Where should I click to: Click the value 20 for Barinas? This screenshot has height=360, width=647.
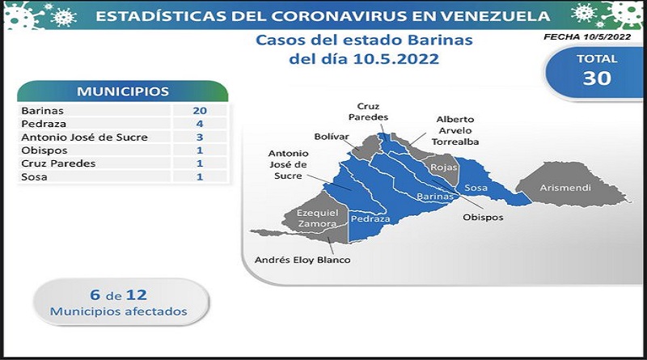200,111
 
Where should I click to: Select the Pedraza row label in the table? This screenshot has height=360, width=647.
44,124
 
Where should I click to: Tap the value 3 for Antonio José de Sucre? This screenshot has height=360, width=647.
200,137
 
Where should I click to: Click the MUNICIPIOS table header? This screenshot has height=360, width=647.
123,91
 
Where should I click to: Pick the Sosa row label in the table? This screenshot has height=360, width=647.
34,176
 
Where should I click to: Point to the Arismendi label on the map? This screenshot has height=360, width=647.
565,188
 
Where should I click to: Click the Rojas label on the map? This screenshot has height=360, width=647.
443,167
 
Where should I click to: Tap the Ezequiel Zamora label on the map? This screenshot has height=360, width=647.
317,218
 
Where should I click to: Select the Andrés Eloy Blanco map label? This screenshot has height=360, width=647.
302,260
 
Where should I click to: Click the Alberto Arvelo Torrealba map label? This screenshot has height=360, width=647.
455,130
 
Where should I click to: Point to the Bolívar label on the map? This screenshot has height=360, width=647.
332,137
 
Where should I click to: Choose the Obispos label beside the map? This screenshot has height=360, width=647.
483,217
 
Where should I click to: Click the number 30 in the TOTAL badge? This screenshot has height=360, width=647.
597,78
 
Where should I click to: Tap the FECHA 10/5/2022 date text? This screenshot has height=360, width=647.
587,36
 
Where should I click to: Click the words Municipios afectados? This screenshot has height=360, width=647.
118,311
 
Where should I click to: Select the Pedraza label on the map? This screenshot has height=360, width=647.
370,218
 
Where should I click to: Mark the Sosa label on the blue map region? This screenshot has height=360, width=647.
476,188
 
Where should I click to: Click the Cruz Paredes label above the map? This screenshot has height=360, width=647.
368,112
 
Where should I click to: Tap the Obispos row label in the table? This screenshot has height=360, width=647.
44,150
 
